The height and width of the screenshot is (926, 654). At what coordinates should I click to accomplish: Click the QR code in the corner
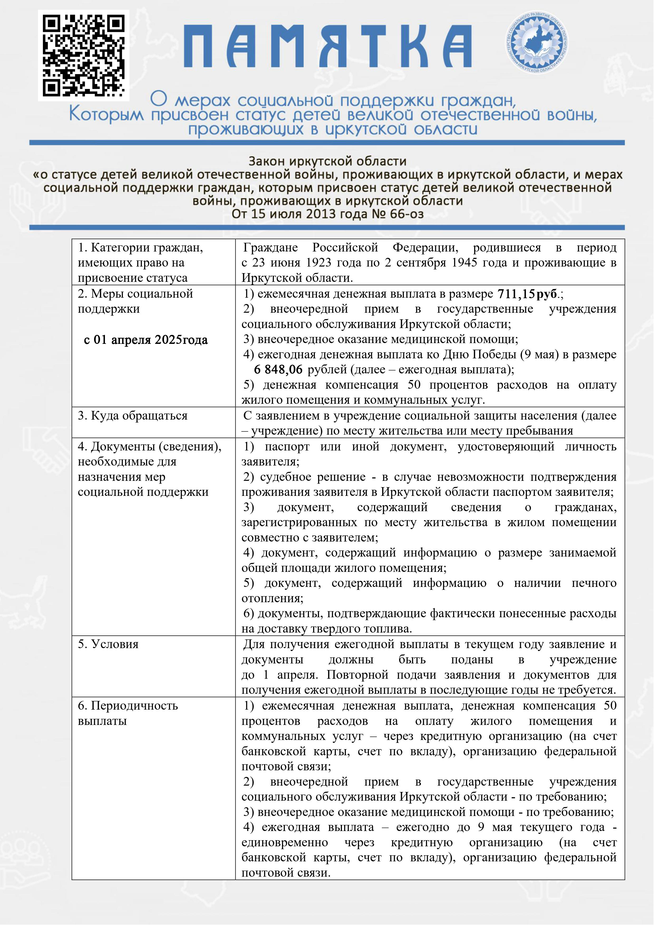(83, 55)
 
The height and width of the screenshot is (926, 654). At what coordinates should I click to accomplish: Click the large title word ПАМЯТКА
(327, 46)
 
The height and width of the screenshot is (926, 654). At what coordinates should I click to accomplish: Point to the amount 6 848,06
(278, 369)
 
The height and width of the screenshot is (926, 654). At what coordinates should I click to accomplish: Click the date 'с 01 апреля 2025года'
(146, 340)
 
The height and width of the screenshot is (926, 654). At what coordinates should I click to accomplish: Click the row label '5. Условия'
(108, 644)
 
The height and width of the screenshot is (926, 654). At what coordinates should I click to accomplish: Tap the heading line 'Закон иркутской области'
(327, 161)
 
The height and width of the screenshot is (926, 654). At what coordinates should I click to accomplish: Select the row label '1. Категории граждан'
(140, 247)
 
